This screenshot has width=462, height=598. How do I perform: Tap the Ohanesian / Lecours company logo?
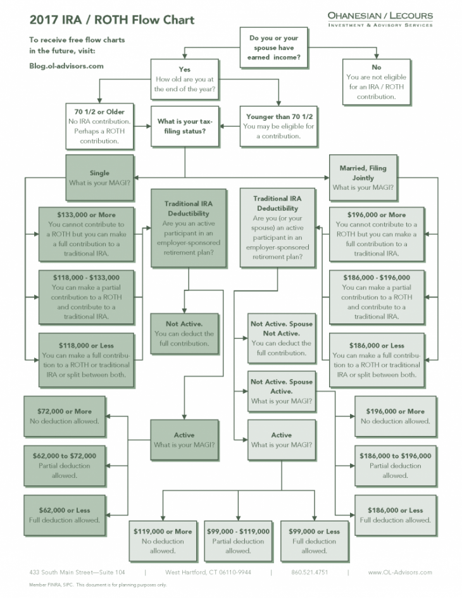pyautogui.click(x=380, y=18)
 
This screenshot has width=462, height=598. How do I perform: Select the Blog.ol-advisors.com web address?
pyautogui.click(x=66, y=65)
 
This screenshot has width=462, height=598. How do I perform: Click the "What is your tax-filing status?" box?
pyautogui.click(x=184, y=126)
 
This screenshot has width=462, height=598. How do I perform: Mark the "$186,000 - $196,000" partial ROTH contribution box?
pyautogui.click(x=376, y=297)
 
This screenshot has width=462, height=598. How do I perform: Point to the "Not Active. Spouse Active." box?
pyautogui.click(x=281, y=391)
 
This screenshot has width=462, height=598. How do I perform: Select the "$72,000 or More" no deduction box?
pyautogui.click(x=64, y=416)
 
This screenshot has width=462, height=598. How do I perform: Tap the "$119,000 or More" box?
pyautogui.click(x=163, y=540)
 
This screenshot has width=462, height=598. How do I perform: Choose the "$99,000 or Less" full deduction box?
pyautogui.click(x=314, y=540)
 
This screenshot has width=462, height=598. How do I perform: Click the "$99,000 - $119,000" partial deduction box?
pyautogui.click(x=238, y=540)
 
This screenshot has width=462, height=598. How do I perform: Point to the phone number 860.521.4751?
pyautogui.click(x=309, y=573)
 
